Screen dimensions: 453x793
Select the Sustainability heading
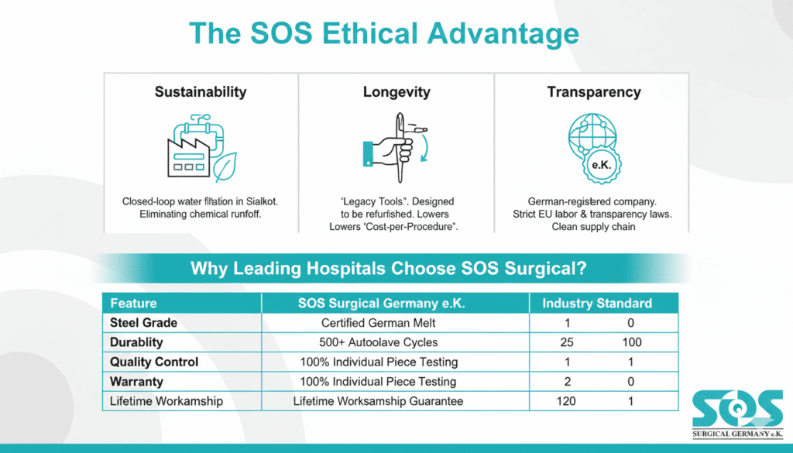tap(201, 92)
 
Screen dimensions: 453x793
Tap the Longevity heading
tap(396, 92)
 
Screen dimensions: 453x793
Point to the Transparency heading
tap(594, 92)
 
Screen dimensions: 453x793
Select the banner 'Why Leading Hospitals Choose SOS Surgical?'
tap(388, 269)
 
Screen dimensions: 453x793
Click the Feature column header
tap(133, 303)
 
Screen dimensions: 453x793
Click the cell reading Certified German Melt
tap(378, 322)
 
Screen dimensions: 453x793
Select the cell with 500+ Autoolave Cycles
tap(378, 342)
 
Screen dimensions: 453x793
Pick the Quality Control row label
tap(154, 362)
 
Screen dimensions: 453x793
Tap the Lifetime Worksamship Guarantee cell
tap(378, 400)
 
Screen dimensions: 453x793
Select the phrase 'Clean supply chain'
tap(594, 227)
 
